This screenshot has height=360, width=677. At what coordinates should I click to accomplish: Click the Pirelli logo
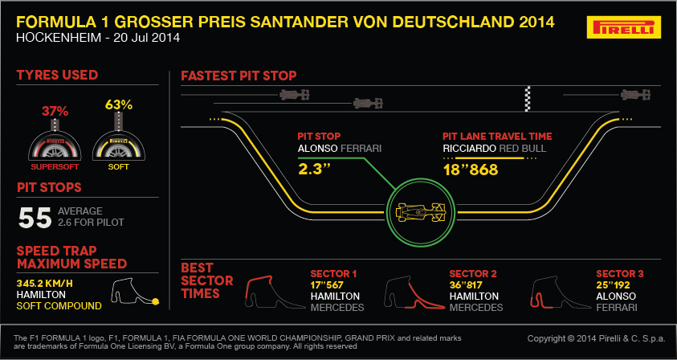[x=624, y=27]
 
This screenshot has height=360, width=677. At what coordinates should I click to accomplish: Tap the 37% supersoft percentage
[x=55, y=111]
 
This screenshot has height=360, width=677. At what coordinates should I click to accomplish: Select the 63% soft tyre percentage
[x=118, y=105]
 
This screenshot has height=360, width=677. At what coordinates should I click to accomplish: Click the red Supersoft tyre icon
[x=55, y=145]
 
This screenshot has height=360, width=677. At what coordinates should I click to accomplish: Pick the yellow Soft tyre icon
[x=119, y=145]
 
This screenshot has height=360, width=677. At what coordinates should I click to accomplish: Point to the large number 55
[x=35, y=218]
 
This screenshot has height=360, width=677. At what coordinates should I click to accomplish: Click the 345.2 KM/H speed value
[x=43, y=284]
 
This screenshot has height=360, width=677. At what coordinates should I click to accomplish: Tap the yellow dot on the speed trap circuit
[x=156, y=301]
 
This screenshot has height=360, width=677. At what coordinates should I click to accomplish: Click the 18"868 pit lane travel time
[x=471, y=170]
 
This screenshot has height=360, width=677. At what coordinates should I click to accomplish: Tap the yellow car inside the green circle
[x=421, y=212]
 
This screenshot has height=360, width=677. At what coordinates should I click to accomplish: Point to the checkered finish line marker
[x=527, y=99]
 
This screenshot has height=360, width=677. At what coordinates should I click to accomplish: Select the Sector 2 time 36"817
[x=467, y=285]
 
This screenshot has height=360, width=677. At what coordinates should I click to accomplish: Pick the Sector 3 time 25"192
[x=613, y=285]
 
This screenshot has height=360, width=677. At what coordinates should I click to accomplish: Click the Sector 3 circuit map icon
[x=560, y=292]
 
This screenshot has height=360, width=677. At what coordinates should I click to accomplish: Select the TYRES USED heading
[x=58, y=76]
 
